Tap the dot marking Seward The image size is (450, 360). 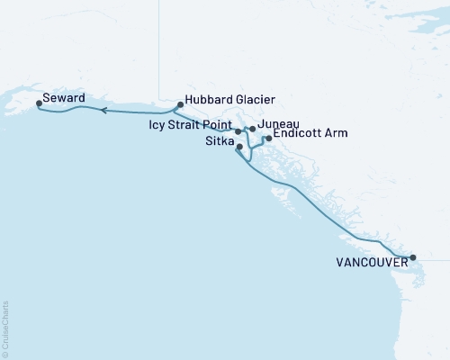point(39,103)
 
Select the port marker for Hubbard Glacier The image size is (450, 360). point(180,104)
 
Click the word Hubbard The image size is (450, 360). point(208,100)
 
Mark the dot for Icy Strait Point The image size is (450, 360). point(238,131)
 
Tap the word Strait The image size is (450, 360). point(185,125)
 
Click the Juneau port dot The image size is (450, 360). point(253,129)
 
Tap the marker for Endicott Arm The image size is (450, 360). point(267,139)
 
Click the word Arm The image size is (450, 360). point(335,132)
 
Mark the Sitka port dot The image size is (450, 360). point(239,147)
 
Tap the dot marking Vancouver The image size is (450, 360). point(413,258)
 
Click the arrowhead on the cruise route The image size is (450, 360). point(103,111)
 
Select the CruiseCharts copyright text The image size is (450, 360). point(5,328)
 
